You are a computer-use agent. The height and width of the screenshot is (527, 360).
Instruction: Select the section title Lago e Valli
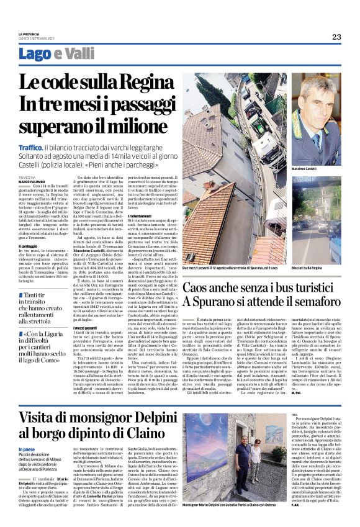tap(56, 54)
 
